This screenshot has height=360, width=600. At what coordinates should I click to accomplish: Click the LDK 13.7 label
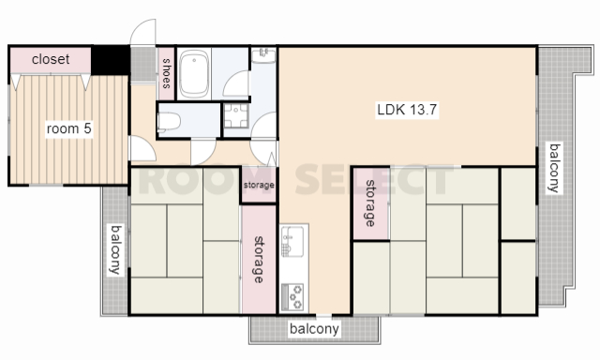coord(406,110)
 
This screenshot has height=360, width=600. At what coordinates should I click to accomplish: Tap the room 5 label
coord(68,128)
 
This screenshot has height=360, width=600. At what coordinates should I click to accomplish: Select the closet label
coord(51,59)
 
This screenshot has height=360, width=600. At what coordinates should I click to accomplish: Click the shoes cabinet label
coord(167,73)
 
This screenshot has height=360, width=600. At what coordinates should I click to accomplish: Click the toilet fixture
coord(169,122)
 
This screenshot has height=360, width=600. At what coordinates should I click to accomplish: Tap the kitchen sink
coord(292,242)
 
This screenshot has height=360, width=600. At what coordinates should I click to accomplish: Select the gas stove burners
coord(292,297)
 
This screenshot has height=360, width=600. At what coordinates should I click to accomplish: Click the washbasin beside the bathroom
coord(263,56)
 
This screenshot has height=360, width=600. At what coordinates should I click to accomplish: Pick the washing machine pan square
coord(236,116)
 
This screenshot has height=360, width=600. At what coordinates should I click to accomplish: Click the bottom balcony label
coord(314,329)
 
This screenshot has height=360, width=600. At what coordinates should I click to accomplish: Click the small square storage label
coord(259,186)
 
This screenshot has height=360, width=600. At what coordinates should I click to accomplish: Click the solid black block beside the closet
coord(111,60)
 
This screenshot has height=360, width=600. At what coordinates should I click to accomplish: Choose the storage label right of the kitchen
coord(369,203)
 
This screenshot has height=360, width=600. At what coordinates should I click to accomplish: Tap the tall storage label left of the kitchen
coord(259,260)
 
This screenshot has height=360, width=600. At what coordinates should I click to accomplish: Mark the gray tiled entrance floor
coord(143,65)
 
